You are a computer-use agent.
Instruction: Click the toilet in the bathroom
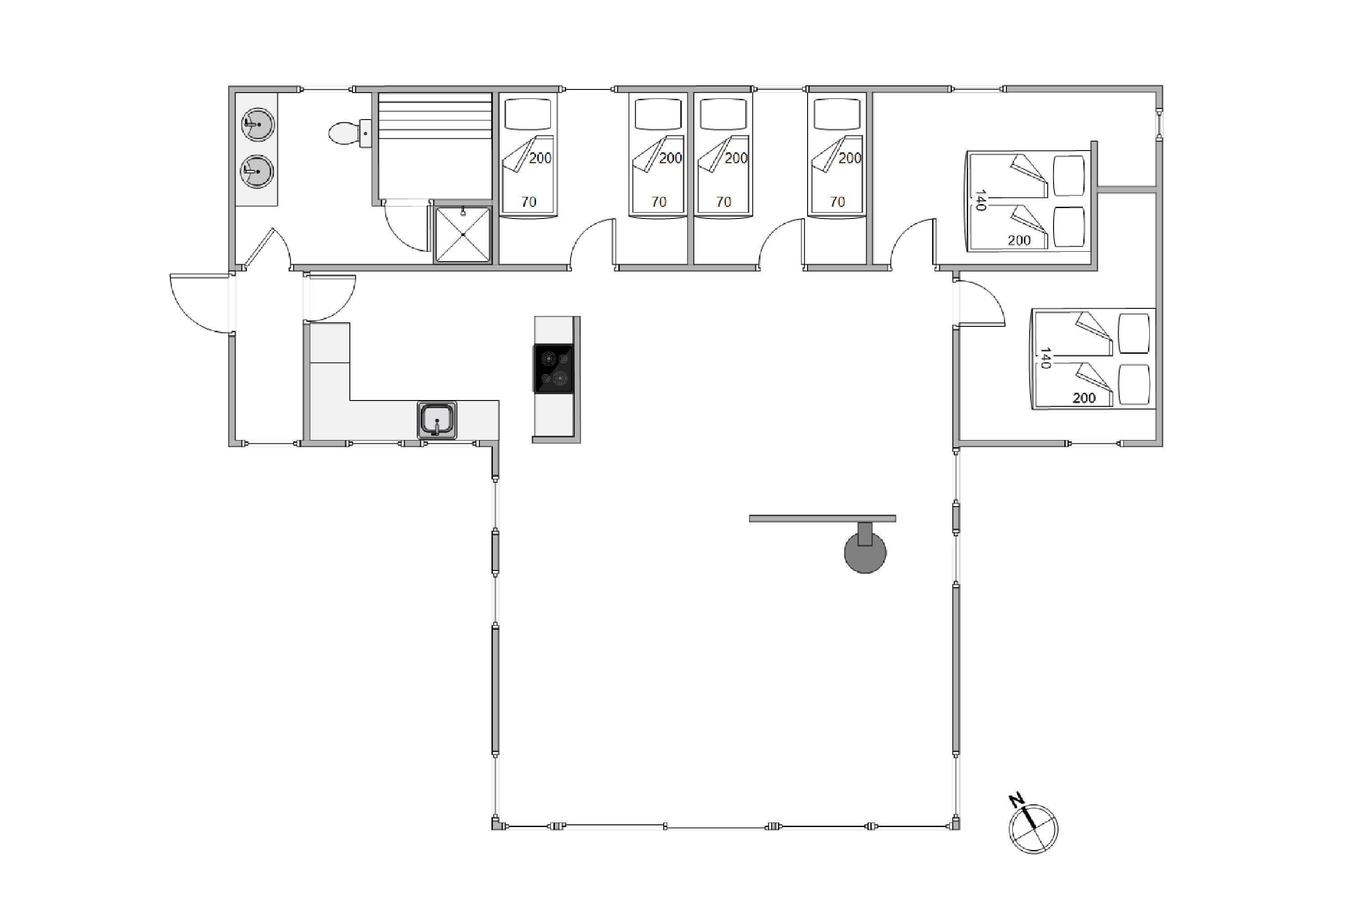point(350,133)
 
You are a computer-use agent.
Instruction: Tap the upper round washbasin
point(258,124)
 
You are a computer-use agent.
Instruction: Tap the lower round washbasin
point(258,171)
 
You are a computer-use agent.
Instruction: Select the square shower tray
point(463,235)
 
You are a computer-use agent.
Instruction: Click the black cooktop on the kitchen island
point(553,369)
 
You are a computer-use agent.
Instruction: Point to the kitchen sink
point(437,420)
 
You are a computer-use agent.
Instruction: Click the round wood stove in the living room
point(865,552)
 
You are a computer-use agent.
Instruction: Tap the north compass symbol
point(1033,828)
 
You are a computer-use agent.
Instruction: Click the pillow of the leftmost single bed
point(527,114)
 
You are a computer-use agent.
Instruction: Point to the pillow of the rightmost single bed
point(837,114)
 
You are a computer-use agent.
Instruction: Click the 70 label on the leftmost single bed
point(529,202)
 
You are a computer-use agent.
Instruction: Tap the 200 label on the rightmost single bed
point(850,158)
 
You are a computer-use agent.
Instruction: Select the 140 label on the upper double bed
point(980,200)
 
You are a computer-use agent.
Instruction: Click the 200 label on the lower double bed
point(1084,398)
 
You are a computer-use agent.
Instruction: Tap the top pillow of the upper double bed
point(1069,175)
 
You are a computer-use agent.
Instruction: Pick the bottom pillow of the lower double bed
point(1134,384)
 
